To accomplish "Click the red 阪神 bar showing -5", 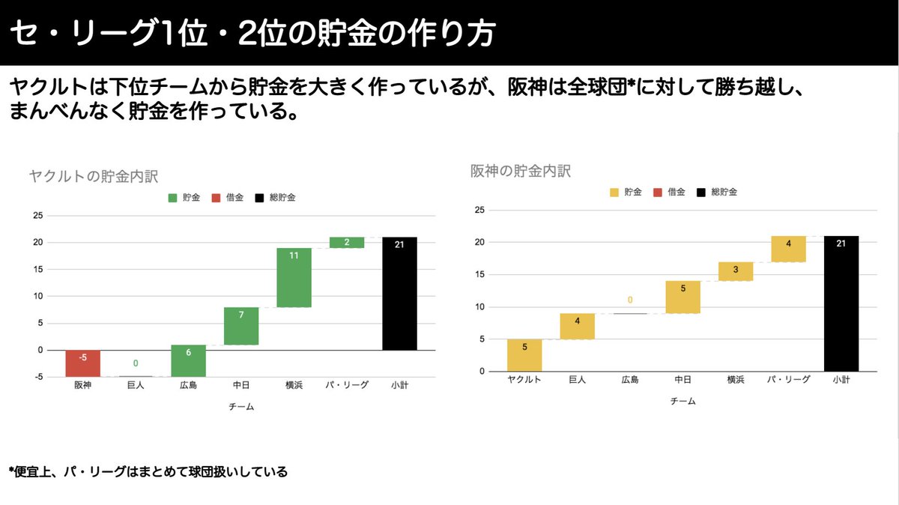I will click(82, 363).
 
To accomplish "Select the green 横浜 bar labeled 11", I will click(294, 277).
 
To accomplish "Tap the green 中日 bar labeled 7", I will click(241, 326).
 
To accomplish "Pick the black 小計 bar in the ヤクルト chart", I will click(399, 294).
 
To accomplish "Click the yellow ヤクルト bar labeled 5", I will click(524, 355).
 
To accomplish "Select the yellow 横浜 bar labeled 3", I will click(735, 271).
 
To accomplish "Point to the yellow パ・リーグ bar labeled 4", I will click(788, 249).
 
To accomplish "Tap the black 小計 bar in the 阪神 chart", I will click(841, 303).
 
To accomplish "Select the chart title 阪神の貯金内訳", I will click(521, 171).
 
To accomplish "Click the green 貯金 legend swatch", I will click(172, 198).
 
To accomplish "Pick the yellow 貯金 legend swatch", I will click(614, 192).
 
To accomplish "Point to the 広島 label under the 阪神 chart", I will click(630, 380).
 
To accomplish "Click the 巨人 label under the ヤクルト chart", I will click(136, 385).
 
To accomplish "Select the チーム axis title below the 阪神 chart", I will click(682, 402).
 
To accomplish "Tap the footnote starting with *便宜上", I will click(148, 472).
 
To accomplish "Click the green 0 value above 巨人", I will click(136, 363).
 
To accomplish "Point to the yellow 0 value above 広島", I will click(630, 300).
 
